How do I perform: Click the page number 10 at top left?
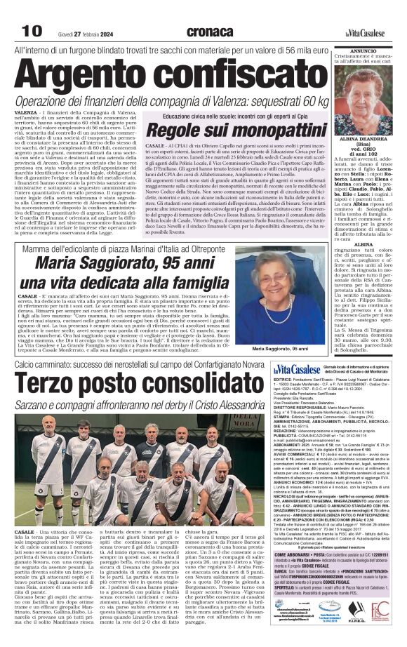pyautogui.click(x=32, y=31)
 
